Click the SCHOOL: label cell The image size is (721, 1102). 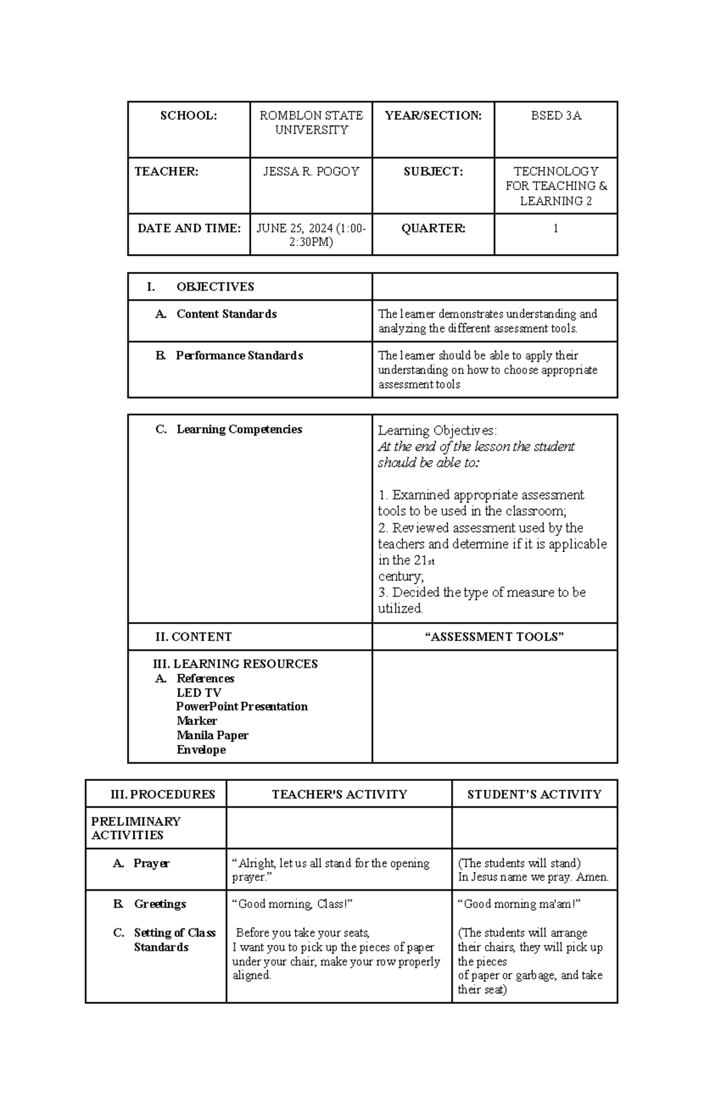click(189, 116)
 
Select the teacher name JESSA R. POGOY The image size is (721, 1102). click(311, 172)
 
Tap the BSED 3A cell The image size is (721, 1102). click(556, 116)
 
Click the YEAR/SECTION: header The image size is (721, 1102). click(433, 116)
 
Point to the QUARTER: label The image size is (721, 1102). click(433, 228)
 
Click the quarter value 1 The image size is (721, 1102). click(556, 228)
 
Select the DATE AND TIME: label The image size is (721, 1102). click(189, 228)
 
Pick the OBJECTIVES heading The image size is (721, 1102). click(215, 287)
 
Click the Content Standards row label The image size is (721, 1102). click(226, 314)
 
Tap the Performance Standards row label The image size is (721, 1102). click(239, 356)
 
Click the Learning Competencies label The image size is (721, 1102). click(239, 429)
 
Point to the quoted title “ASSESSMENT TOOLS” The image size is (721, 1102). click(494, 637)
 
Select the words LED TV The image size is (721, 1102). click(199, 692)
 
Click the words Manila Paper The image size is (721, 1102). click(212, 735)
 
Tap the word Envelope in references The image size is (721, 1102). click(201, 749)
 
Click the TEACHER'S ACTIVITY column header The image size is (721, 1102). click(339, 795)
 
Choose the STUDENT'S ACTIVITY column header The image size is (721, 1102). click(534, 795)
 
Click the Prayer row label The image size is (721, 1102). click(151, 863)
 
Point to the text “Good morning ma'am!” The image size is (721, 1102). click(519, 904)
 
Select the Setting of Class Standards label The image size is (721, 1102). click(174, 940)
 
